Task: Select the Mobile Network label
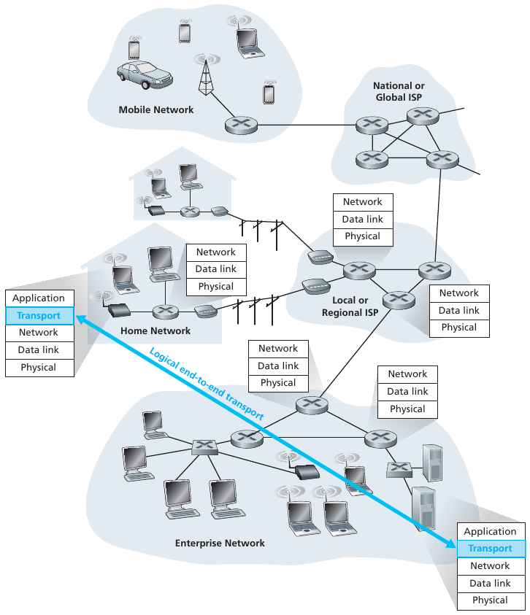[x=156, y=109]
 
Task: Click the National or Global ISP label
[x=399, y=91]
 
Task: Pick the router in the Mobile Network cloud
[x=241, y=125]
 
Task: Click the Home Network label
[x=155, y=330]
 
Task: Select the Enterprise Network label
[x=220, y=543]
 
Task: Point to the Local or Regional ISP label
[x=350, y=306]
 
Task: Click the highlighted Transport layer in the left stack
[x=39, y=315]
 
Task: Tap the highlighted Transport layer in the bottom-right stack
[x=490, y=549]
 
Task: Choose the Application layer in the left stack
[x=39, y=298]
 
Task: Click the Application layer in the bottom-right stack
[x=490, y=531]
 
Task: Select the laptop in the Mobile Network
[x=249, y=42]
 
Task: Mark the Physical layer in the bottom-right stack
[x=490, y=600]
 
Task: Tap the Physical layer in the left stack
[x=39, y=367]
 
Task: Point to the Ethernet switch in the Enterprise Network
[x=204, y=446]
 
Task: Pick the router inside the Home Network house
[x=166, y=312]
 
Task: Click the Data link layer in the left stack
[x=39, y=349]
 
